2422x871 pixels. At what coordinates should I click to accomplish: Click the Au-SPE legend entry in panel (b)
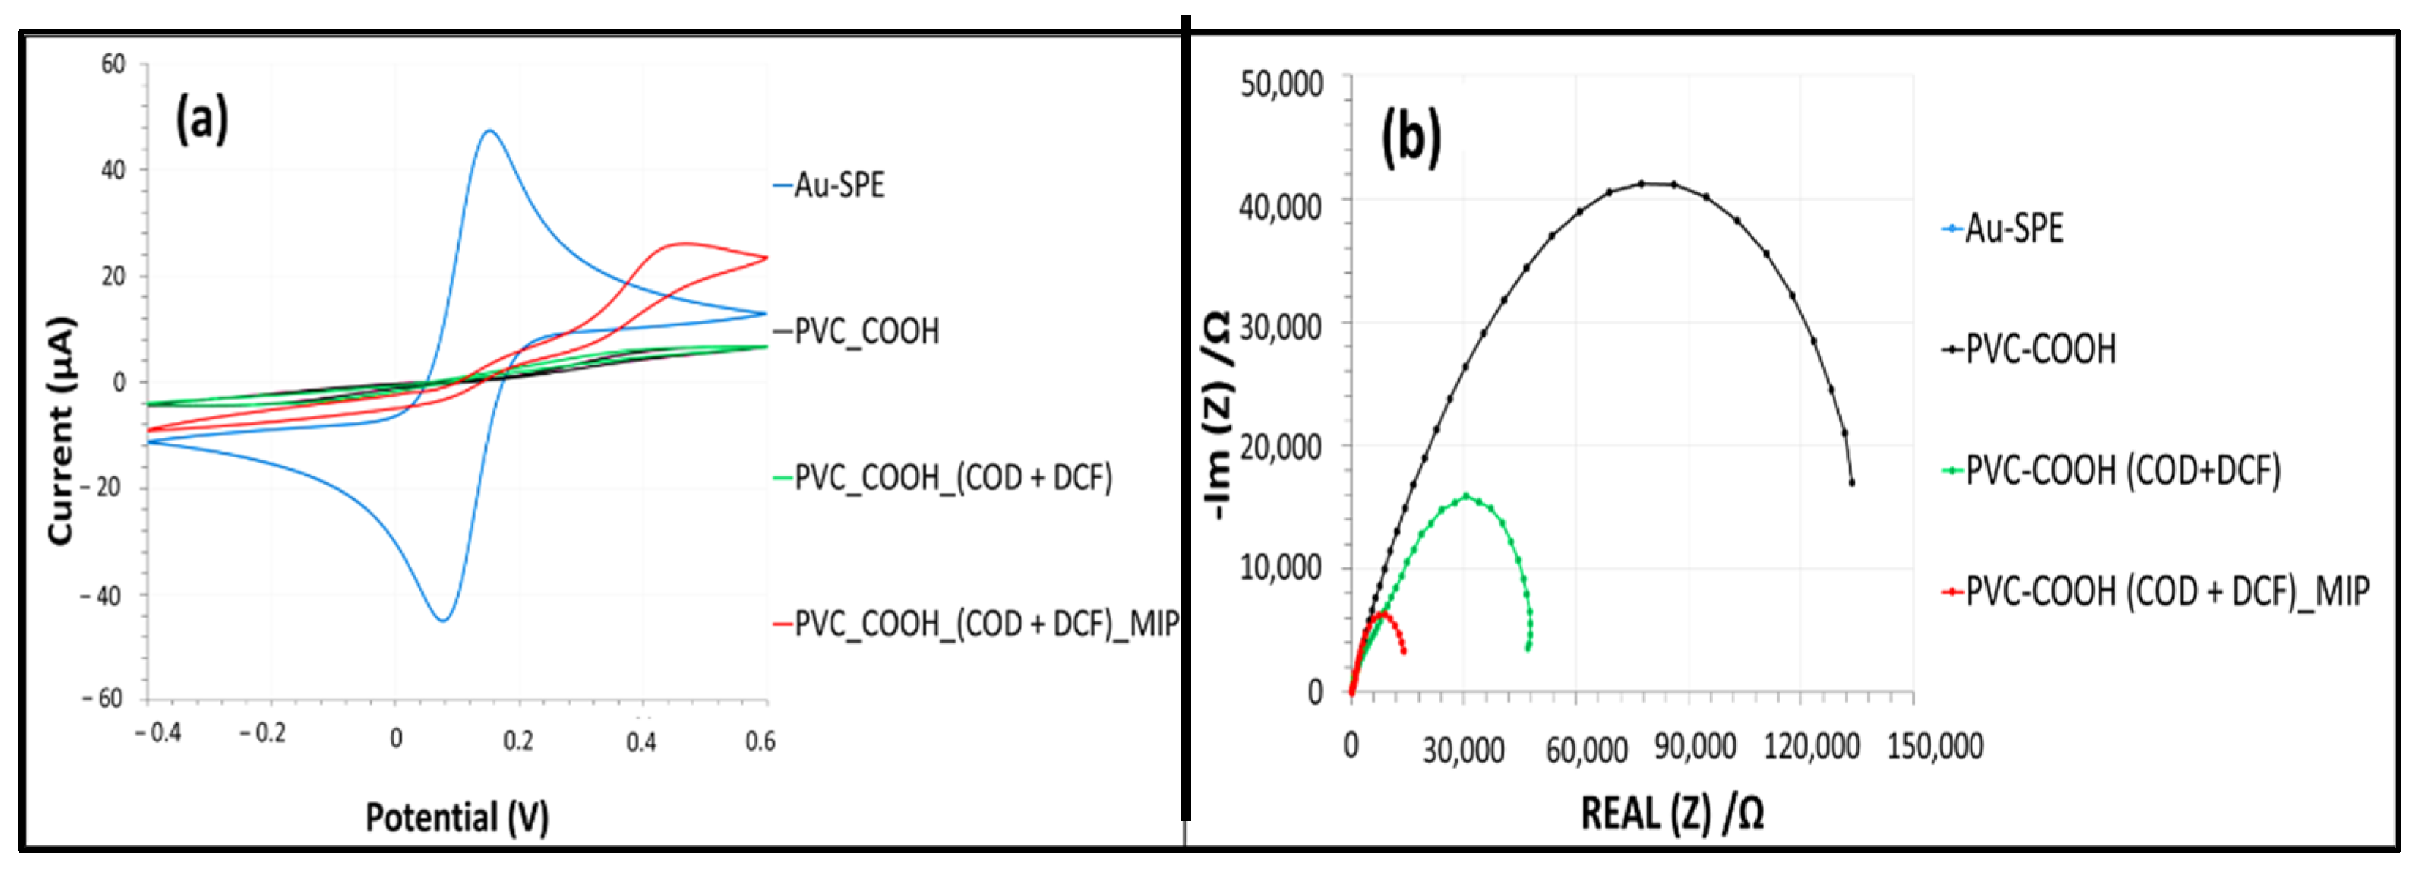click(2013, 228)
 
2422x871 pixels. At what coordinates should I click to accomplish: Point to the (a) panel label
click(201, 120)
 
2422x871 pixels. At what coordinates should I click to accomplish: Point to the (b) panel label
click(1409, 138)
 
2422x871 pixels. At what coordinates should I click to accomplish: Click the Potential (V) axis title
click(457, 816)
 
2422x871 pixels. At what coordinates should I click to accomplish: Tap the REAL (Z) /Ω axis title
click(1672, 812)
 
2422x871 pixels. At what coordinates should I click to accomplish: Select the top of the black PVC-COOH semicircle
click(1657, 184)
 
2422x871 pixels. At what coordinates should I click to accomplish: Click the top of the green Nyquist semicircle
click(1466, 495)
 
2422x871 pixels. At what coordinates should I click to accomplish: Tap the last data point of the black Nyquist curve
click(1851, 482)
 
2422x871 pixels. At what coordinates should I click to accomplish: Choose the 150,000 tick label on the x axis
click(1935, 746)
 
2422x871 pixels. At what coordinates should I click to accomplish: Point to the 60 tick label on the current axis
click(113, 64)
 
